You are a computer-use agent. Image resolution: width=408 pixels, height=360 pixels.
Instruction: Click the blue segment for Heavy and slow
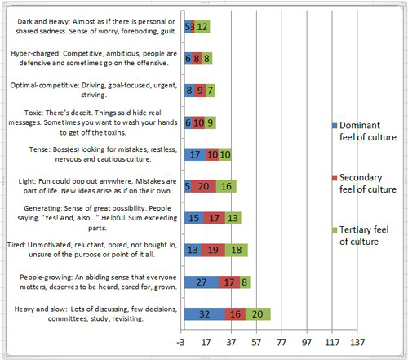[205, 314]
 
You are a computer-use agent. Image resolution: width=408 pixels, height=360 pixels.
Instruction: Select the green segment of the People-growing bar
[245, 282]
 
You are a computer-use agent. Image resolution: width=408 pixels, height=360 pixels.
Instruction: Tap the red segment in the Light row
[203, 186]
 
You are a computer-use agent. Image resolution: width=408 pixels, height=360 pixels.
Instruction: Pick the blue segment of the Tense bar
[195, 154]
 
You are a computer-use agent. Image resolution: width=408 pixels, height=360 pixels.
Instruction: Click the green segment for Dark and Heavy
[202, 27]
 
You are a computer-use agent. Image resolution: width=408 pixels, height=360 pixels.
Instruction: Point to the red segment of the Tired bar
[213, 250]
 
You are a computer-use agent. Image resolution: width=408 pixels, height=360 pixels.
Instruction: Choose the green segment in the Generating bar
[233, 218]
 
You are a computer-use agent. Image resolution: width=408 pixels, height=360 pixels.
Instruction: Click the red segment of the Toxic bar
[198, 122]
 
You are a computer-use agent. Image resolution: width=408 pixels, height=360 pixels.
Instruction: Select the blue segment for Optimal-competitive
[189, 91]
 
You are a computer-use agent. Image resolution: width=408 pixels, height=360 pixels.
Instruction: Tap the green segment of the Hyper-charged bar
[207, 59]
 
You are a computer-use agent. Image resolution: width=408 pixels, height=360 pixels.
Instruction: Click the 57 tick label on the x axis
[256, 342]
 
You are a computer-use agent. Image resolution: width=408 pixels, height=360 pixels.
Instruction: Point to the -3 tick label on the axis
[180, 342]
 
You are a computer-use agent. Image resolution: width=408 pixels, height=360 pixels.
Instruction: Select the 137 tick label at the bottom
[357, 342]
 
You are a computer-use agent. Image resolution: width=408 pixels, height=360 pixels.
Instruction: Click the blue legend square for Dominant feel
[335, 126]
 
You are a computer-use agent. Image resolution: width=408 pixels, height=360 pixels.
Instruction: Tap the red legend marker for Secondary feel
[335, 178]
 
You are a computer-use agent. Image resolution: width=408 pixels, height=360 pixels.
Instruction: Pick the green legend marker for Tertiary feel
[335, 230]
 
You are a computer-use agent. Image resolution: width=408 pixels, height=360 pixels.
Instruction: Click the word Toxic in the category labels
[33, 113]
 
